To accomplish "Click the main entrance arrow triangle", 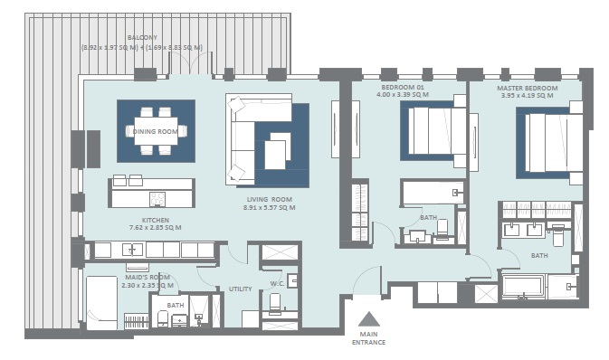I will [368, 319].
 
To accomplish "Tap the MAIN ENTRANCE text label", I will [368, 338].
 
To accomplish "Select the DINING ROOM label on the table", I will [156, 131].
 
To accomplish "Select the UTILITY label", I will [240, 289].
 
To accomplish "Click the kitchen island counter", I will [151, 194].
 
